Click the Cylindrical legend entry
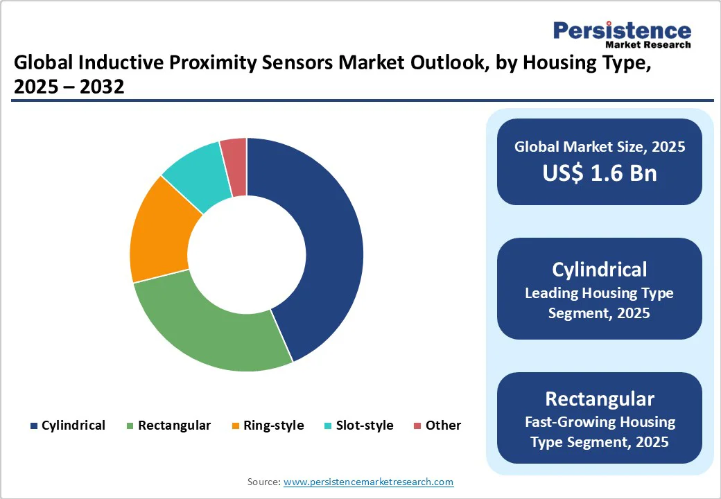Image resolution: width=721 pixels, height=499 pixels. point(67,426)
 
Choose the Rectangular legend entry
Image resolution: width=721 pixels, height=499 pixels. point(168,426)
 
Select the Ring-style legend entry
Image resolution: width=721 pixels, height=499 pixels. point(268,426)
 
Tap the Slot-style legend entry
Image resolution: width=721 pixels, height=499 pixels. point(359,426)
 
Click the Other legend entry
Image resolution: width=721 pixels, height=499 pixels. point(437,426)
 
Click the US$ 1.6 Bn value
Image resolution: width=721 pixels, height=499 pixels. point(600,173)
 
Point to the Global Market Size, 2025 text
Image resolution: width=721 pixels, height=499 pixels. point(600,146)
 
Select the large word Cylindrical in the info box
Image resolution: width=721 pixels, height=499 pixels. point(600,269)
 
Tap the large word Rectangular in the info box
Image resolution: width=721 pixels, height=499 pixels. point(600,399)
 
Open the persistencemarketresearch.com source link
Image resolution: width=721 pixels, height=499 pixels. point(369,482)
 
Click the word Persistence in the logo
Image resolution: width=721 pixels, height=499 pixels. point(622,30)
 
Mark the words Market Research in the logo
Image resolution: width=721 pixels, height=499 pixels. point(648,45)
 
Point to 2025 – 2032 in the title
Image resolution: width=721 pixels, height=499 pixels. point(69,87)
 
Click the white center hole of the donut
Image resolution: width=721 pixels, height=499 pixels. point(247,254)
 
